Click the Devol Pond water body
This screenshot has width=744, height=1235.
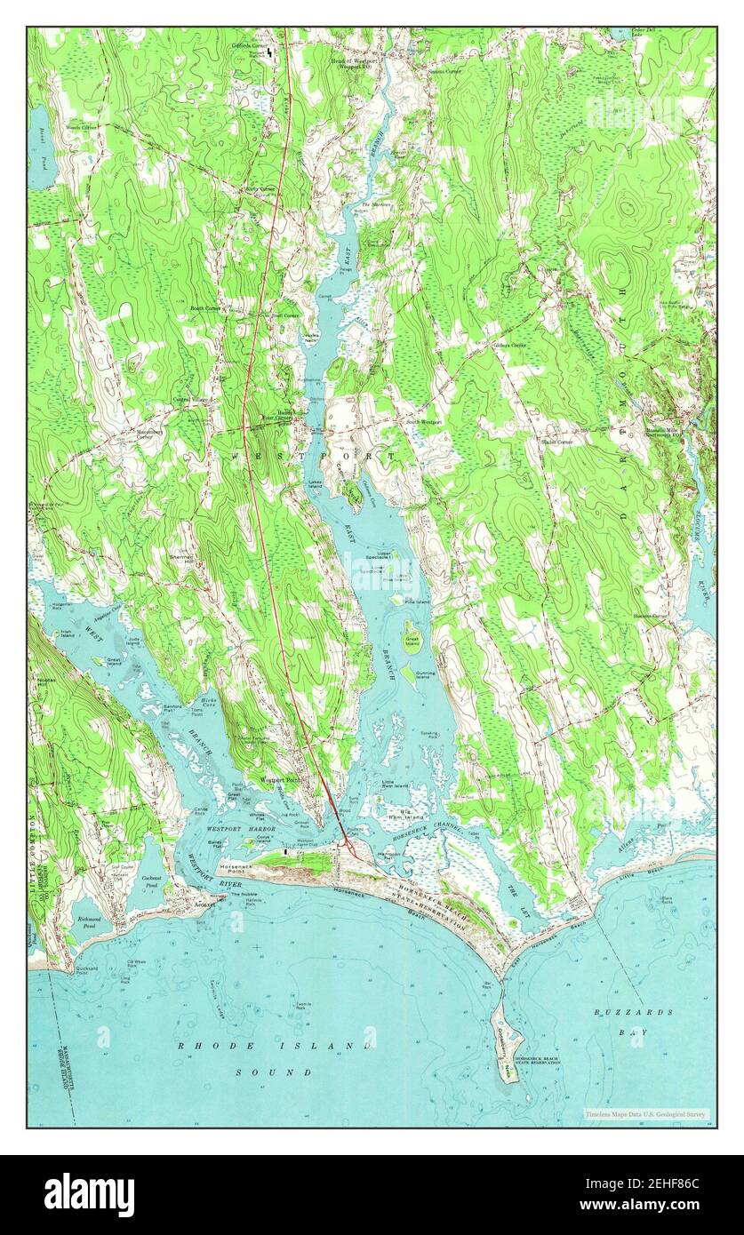[x=39, y=142]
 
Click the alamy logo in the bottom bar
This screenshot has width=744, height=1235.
[x=89, y=1194]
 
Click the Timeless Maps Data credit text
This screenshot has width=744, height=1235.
[x=644, y=1113]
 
